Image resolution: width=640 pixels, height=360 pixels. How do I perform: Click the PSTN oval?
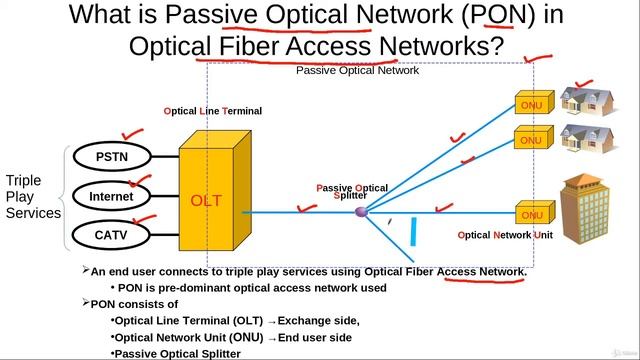point(111,157)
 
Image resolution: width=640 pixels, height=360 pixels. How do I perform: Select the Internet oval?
point(111,197)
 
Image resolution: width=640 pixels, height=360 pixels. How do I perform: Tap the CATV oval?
point(111,236)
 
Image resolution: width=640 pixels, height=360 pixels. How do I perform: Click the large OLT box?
point(208,200)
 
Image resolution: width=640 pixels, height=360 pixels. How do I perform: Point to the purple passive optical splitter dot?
point(361,212)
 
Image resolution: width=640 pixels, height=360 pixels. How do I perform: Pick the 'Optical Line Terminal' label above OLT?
point(213,111)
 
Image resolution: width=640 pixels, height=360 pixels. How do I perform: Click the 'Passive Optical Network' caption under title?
point(357,71)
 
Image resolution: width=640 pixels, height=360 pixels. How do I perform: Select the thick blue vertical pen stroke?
point(413,230)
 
